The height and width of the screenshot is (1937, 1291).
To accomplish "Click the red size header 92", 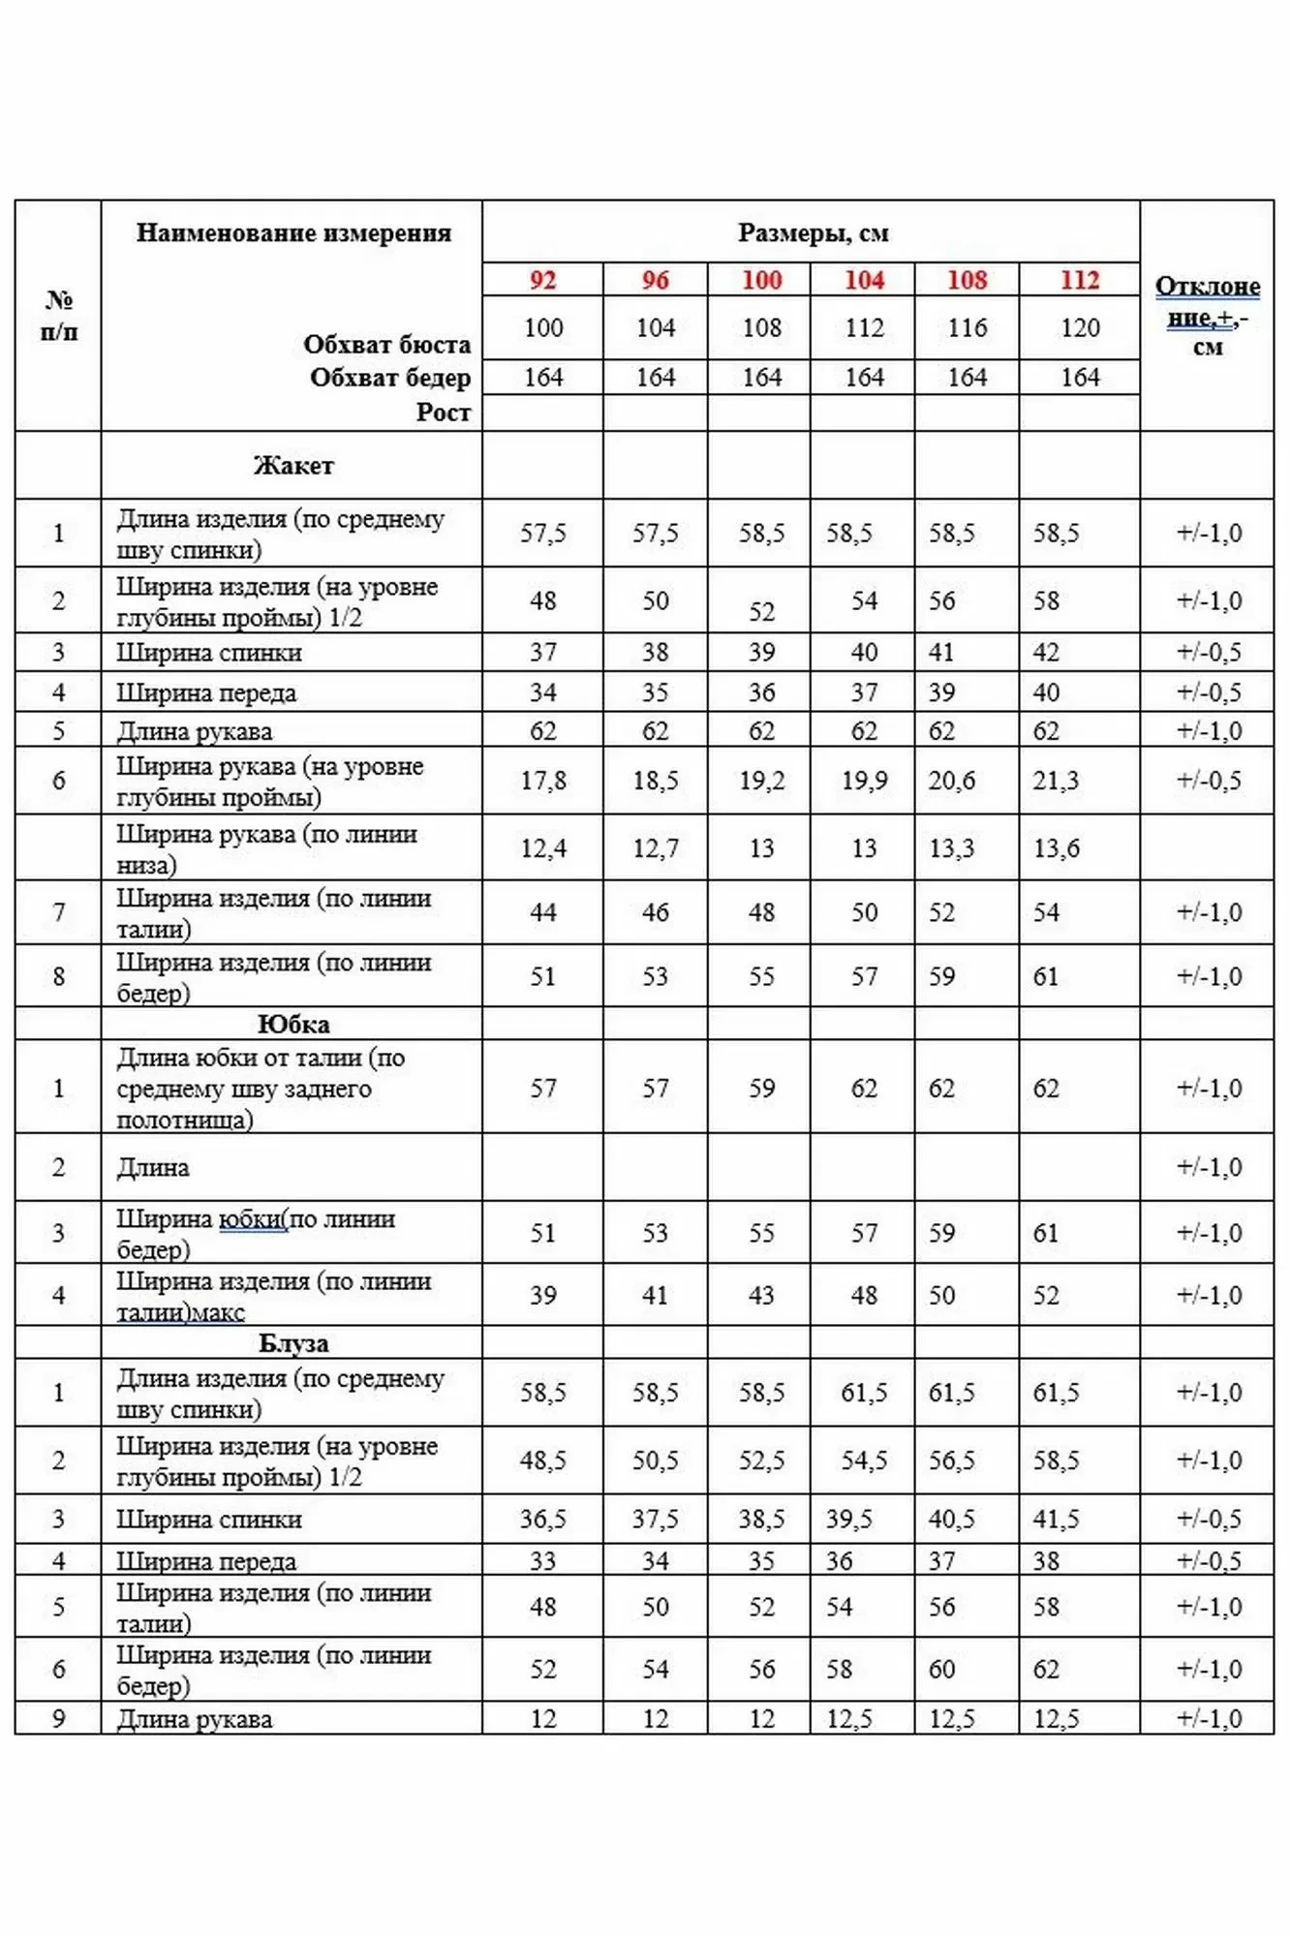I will tap(542, 280).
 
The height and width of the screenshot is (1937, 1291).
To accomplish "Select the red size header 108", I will tap(967, 280).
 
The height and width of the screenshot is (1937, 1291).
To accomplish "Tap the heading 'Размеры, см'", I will tap(813, 232).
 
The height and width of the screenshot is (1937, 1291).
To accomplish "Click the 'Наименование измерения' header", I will tap(293, 232).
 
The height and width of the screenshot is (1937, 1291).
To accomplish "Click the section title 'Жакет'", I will tap(293, 466).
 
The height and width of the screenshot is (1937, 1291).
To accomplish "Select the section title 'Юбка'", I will tap(293, 1024).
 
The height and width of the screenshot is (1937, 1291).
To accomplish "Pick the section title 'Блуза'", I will tap(293, 1343).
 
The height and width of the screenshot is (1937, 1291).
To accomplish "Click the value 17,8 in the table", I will tap(542, 781).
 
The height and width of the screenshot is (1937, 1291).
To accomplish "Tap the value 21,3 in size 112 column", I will tap(1056, 781).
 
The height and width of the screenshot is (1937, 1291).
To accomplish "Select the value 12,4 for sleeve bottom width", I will tap(542, 848).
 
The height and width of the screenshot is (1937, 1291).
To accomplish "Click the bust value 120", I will tap(1080, 328).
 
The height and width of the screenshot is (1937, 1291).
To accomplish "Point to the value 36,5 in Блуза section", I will tap(542, 1519).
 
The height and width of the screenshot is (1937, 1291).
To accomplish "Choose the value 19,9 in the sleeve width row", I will tap(864, 781).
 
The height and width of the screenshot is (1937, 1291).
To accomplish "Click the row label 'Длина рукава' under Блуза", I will tap(195, 1719).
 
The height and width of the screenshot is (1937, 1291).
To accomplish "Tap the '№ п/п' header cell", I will tap(58, 316).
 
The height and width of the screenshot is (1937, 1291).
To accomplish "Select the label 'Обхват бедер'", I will tap(390, 378).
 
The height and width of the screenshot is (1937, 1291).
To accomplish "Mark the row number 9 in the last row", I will tap(58, 1719).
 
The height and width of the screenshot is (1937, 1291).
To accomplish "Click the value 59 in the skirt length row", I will tap(761, 1089).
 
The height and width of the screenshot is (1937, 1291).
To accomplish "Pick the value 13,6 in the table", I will tap(1056, 848).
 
